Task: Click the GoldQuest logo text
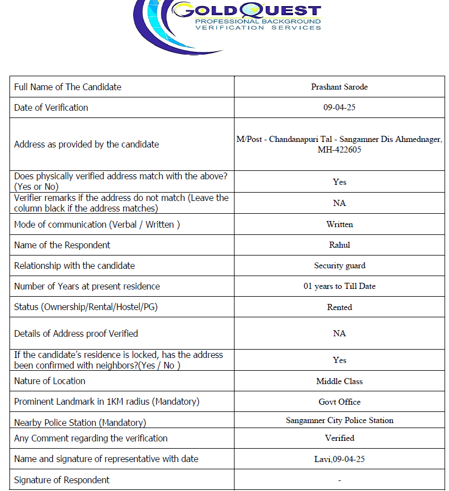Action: point(247,11)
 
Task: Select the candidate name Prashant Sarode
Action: point(339,87)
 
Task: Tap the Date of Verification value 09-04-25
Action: point(339,107)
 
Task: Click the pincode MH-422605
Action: point(339,150)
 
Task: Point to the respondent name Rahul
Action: point(339,245)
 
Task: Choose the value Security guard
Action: point(339,266)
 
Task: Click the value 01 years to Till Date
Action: point(339,286)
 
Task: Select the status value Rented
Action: point(339,307)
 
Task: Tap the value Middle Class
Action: point(339,381)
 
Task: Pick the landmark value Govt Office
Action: point(339,402)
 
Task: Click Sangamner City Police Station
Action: point(339,420)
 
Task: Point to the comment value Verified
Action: point(339,438)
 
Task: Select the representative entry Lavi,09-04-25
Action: point(339,459)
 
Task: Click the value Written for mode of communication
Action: point(339,224)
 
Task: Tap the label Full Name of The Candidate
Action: point(67,87)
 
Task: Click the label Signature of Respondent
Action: point(62,480)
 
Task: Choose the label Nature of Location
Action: point(50,381)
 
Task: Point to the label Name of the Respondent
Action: point(62,245)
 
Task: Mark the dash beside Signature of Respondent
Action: point(339,480)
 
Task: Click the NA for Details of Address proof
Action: point(339,333)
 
